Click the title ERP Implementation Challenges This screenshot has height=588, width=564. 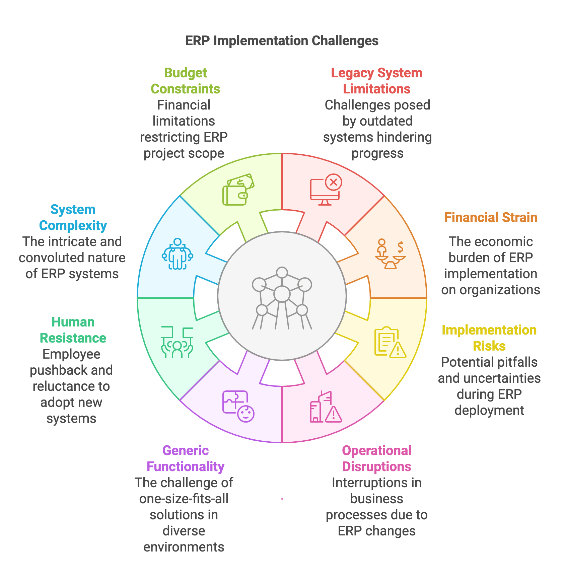point(282,41)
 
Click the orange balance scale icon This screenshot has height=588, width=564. point(390,254)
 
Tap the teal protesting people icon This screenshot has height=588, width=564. point(177,342)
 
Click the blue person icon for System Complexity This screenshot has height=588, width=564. point(178,254)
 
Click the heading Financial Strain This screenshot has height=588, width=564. point(491,218)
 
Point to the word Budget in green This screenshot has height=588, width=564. point(186,73)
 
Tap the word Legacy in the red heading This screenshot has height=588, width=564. point(352,73)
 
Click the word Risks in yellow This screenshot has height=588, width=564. point(489,346)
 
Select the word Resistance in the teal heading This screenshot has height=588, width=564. point(73,338)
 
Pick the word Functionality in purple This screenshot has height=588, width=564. point(186,467)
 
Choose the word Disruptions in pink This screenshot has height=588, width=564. point(377,467)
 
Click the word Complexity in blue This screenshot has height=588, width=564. point(73,226)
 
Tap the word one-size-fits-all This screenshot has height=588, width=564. point(184,499)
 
